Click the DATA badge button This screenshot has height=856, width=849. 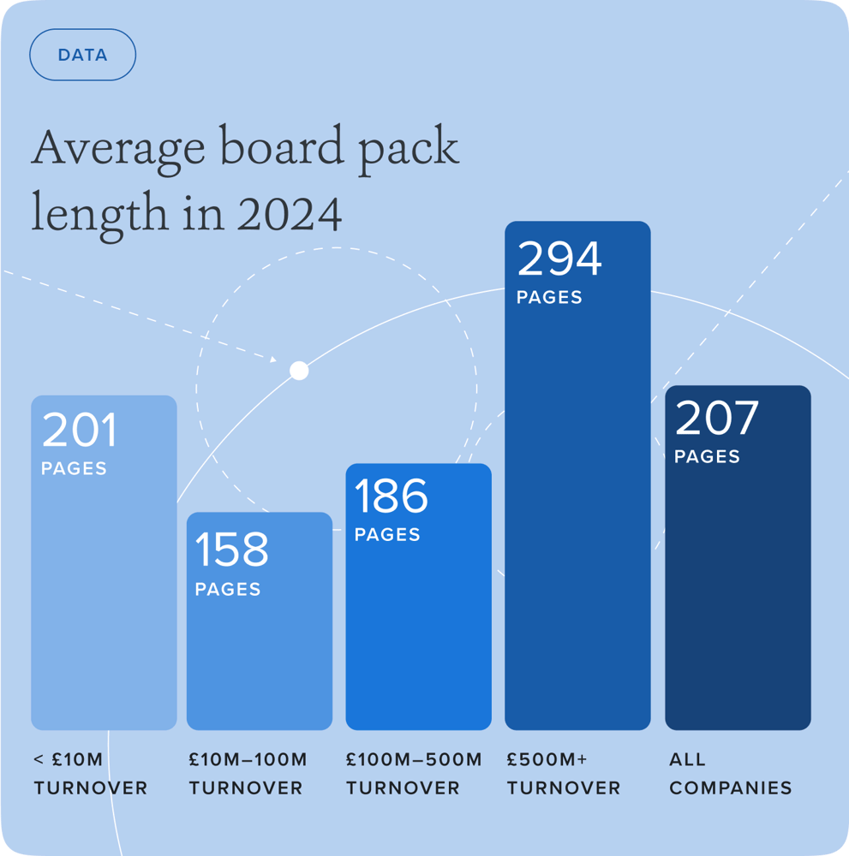(x=82, y=55)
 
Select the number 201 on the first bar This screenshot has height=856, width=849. (x=79, y=431)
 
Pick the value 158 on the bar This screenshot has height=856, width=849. (x=231, y=550)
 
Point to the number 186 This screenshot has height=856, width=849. (x=391, y=496)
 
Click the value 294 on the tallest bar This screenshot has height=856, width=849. (x=559, y=259)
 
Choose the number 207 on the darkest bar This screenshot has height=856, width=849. (x=717, y=418)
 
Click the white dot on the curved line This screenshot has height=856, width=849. (x=299, y=371)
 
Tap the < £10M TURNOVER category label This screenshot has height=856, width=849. (x=90, y=773)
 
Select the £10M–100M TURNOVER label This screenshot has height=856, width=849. (x=248, y=773)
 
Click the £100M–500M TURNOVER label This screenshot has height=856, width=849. (x=414, y=773)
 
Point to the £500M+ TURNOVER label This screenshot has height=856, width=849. (x=563, y=773)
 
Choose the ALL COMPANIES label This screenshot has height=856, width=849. (x=730, y=773)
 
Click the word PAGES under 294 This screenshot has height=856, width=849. (x=549, y=298)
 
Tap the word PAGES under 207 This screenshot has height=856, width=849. (x=707, y=457)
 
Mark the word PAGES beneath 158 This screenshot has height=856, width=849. (x=228, y=590)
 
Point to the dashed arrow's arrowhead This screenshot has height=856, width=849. (x=273, y=360)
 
